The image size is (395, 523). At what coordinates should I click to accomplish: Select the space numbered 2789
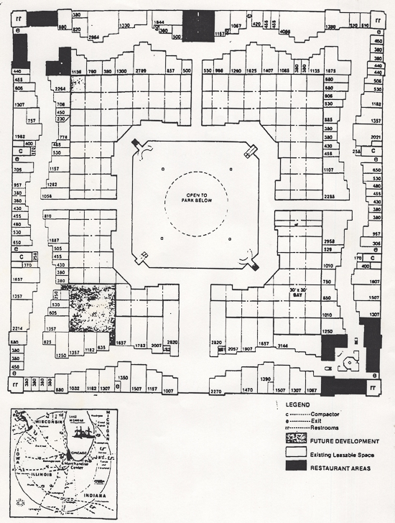tap(141, 71)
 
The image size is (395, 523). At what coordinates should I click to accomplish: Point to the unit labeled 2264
tap(61, 88)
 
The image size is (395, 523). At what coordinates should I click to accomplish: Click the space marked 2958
tap(330, 241)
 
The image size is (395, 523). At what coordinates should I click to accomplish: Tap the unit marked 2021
tap(376, 137)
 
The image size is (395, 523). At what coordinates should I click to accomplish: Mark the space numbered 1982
tap(20, 136)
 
